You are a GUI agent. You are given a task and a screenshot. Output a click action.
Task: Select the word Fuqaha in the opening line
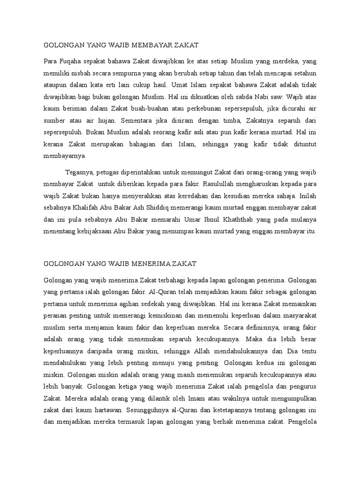[x=71, y=61]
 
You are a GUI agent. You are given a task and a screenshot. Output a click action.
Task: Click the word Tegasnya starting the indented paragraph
[x=79, y=172]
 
